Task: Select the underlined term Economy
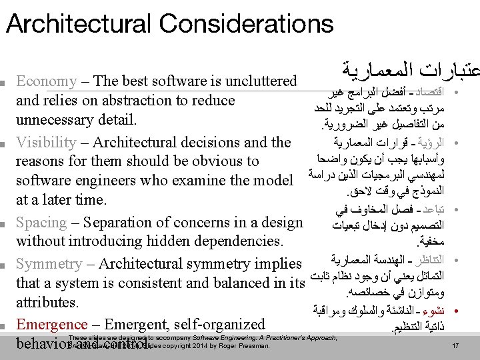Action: [x=47, y=82]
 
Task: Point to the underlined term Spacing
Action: [x=41, y=223]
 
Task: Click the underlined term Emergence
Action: [x=51, y=325]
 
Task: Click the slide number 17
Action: [x=456, y=346]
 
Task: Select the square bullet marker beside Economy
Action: [x=5, y=83]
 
